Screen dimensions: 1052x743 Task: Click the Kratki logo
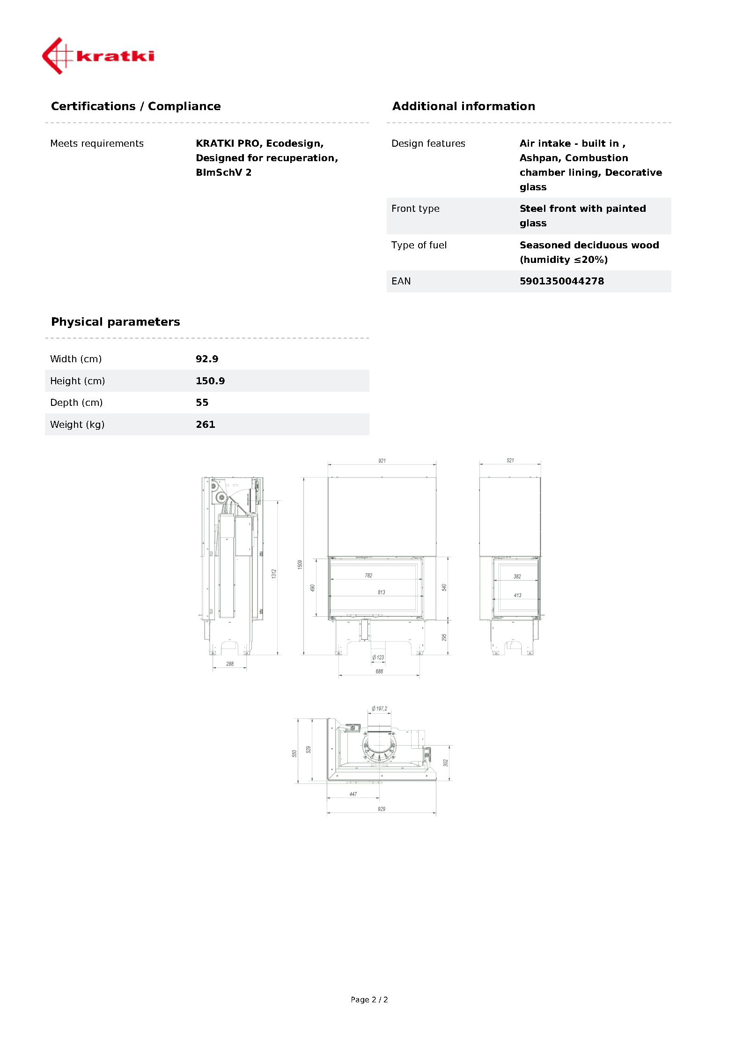[98, 56]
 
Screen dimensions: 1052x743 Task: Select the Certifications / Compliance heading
[136, 106]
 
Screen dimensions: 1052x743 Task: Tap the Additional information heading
[463, 106]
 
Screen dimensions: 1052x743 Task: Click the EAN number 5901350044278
[561, 281]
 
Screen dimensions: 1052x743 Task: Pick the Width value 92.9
[207, 359]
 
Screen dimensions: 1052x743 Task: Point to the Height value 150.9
[210, 381]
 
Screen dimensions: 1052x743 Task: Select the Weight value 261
[206, 425]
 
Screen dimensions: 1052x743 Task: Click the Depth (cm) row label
[76, 403]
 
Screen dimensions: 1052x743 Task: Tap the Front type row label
[415, 209]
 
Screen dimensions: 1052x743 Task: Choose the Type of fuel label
[419, 245]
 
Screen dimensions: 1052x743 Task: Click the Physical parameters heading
[115, 322]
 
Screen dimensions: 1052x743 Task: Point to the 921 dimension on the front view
[382, 461]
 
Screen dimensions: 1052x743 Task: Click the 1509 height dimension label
[300, 564]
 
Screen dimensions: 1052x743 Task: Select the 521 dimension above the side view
[510, 461]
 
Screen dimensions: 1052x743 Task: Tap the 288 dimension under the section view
[230, 664]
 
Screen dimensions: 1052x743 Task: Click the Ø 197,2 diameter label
[380, 709]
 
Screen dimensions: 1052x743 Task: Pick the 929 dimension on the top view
[382, 809]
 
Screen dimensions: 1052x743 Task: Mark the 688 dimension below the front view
[379, 671]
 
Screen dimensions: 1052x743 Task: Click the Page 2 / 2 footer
[369, 1000]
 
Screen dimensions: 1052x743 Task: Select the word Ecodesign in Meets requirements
[294, 143]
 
